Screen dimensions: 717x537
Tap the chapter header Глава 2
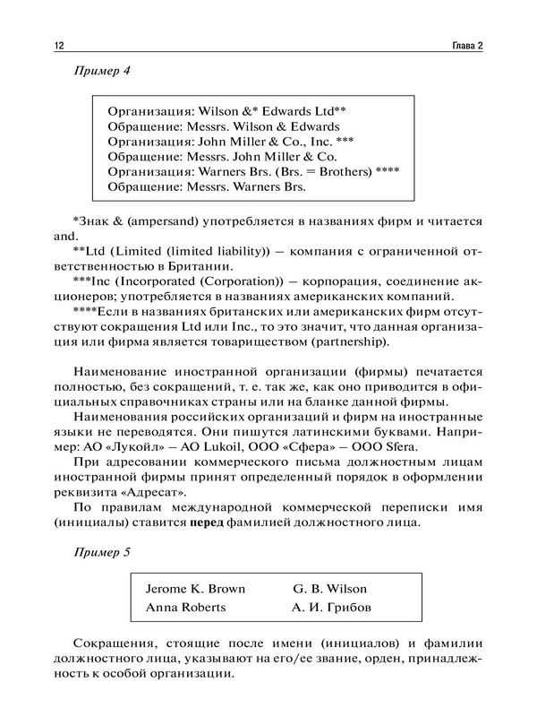[x=464, y=47]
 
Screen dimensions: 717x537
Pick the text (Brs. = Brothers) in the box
[x=320, y=171]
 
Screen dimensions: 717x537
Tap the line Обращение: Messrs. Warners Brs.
[x=206, y=187]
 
